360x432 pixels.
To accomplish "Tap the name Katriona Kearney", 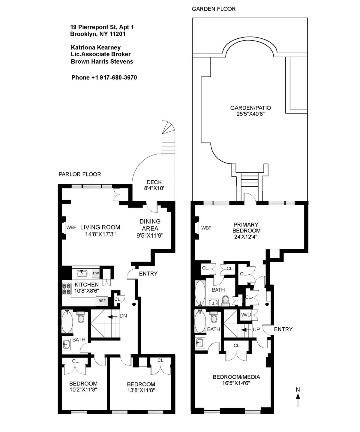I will coord(96,47).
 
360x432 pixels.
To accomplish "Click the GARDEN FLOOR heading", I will coord(214,9).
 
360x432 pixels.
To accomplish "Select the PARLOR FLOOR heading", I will coord(80,174).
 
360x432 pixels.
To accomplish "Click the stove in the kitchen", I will coord(66,288).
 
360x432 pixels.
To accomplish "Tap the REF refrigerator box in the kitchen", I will coord(102,301).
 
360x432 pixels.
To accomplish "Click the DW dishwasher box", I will coord(96,273).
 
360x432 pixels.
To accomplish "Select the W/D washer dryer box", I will coord(246,315).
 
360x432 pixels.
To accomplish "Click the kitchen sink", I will coord(82,273).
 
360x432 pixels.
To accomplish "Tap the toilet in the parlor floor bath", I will coord(80,317).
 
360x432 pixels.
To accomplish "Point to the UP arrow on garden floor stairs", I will coord(246,330).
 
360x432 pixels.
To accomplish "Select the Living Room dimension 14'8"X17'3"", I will coord(100,234).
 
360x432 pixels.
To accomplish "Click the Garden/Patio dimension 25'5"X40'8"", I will coord(250,114).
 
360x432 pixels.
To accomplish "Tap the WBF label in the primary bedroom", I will coord(206,228).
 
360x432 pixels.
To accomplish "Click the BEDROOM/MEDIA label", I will coord(236,377).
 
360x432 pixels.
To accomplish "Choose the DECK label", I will coord(154,182).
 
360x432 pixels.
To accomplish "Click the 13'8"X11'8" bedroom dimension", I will coord(141,390).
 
